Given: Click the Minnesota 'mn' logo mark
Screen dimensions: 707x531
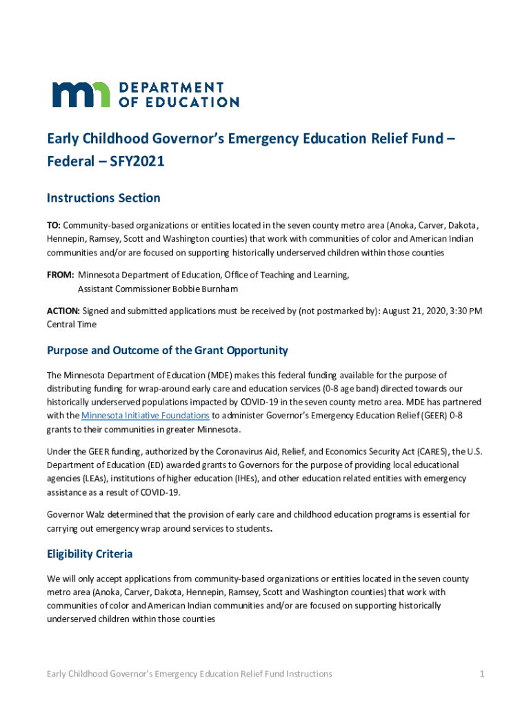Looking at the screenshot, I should pos(81,95).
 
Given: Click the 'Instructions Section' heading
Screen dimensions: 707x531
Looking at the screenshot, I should pos(103,198).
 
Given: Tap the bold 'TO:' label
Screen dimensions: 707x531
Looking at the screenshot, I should pos(54,226).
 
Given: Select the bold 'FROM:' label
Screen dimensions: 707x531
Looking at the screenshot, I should pos(61,275).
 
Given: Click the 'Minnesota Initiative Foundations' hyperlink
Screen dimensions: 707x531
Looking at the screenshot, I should pos(146,416).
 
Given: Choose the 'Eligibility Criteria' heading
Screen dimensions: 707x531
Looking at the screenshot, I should pos(90,554).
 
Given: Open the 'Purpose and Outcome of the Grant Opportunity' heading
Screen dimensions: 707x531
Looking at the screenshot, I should pos(167,350).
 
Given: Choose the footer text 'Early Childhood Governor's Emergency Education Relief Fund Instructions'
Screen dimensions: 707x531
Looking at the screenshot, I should pos(189,674).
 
